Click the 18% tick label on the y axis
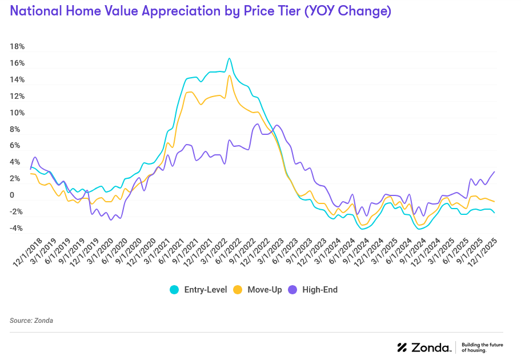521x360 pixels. coord(17,47)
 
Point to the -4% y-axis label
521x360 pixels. coord(16,229)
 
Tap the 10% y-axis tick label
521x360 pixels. coord(17,113)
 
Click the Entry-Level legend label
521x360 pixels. coord(205,290)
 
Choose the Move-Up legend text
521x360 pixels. coord(264,290)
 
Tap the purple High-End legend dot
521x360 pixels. coord(293,290)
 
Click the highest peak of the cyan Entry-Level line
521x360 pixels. coord(229,58)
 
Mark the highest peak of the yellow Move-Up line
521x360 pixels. coord(229,75)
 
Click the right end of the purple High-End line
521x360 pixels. coord(494,172)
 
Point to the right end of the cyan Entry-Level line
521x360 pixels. coord(494,213)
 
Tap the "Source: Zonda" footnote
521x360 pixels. coord(31,321)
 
